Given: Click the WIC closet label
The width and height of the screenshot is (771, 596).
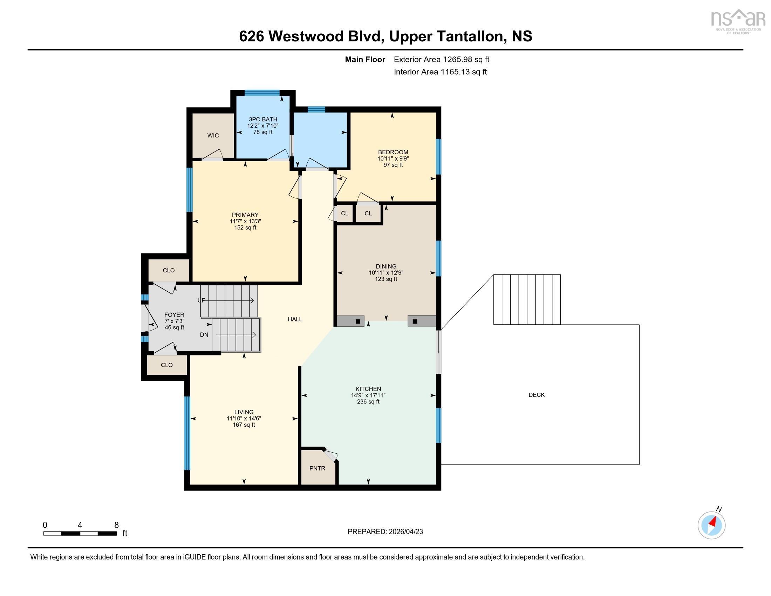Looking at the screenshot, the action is coord(213,135).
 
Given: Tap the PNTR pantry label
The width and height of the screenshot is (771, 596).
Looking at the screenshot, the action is coord(317,468).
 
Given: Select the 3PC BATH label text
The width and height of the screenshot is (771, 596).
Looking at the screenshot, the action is coord(263,119).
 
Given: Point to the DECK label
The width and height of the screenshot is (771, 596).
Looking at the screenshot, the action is coord(537,395).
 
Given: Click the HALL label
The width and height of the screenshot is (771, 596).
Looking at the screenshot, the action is coord(295,319).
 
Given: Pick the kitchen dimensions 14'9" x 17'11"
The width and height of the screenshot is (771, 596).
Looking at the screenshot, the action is coord(368,395).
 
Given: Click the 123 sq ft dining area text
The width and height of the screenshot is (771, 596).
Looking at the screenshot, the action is coord(386,279).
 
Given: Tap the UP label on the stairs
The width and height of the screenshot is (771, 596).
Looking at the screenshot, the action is coord(201,300).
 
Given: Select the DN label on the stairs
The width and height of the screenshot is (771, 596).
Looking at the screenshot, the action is coord(204,335).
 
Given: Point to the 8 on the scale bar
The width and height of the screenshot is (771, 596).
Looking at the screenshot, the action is coord(116,525).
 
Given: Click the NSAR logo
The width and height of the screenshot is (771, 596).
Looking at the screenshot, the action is coord(738,21).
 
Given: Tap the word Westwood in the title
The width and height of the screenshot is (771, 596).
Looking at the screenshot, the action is coord(306,36).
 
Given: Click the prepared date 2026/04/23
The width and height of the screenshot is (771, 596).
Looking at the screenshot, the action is coord(405,532).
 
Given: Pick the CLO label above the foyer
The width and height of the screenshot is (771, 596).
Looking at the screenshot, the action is coord(169,270).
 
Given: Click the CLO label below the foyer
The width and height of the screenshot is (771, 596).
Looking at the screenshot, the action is coord(166,365).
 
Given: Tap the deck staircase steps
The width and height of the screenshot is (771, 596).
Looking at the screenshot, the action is coord(527,299).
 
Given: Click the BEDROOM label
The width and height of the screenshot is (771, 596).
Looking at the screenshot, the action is coord(393,152).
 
